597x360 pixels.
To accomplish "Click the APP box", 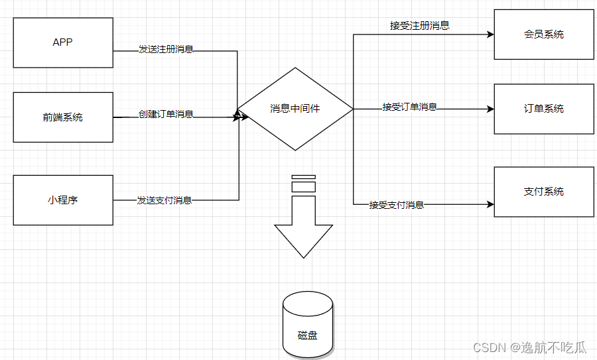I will coord(63,42).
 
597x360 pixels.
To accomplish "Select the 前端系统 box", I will coord(63,117).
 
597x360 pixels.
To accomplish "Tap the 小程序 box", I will coord(63,200).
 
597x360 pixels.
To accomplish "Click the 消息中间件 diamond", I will coord(295,109).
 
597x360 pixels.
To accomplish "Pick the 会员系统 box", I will coord(544,34).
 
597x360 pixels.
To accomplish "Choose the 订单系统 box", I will coord(544,109).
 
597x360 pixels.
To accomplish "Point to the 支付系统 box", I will coord(544,192).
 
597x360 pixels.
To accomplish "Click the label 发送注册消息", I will coord(166,49).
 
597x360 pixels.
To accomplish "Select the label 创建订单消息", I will coord(166,113).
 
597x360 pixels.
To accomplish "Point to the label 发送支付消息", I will coord(165,200).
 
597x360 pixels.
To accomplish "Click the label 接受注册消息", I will coord(420,26).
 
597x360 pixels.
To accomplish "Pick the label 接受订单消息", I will coord(410,107).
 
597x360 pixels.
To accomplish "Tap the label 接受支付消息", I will coord(397,205).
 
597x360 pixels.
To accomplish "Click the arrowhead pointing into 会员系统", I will coord(490,34).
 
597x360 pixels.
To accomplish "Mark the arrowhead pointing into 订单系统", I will coord(490,109).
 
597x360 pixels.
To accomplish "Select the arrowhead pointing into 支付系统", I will coord(490,204).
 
